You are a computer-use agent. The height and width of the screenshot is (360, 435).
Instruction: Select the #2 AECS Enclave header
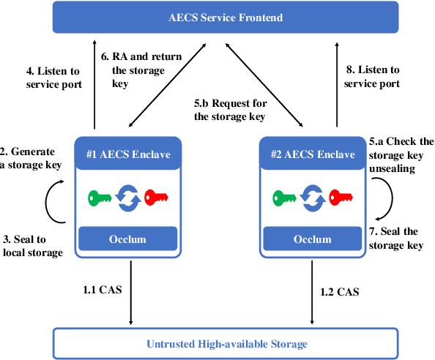[311, 155]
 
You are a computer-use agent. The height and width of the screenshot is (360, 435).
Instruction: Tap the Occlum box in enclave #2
[311, 239]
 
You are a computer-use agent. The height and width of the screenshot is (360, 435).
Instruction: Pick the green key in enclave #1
[100, 197]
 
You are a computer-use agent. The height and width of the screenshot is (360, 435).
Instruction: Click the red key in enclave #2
[340, 197]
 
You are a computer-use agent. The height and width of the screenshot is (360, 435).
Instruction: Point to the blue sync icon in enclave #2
[311, 197]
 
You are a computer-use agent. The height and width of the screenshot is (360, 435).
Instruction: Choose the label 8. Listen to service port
[373, 77]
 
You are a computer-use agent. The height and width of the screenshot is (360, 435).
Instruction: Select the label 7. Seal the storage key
[395, 239]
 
